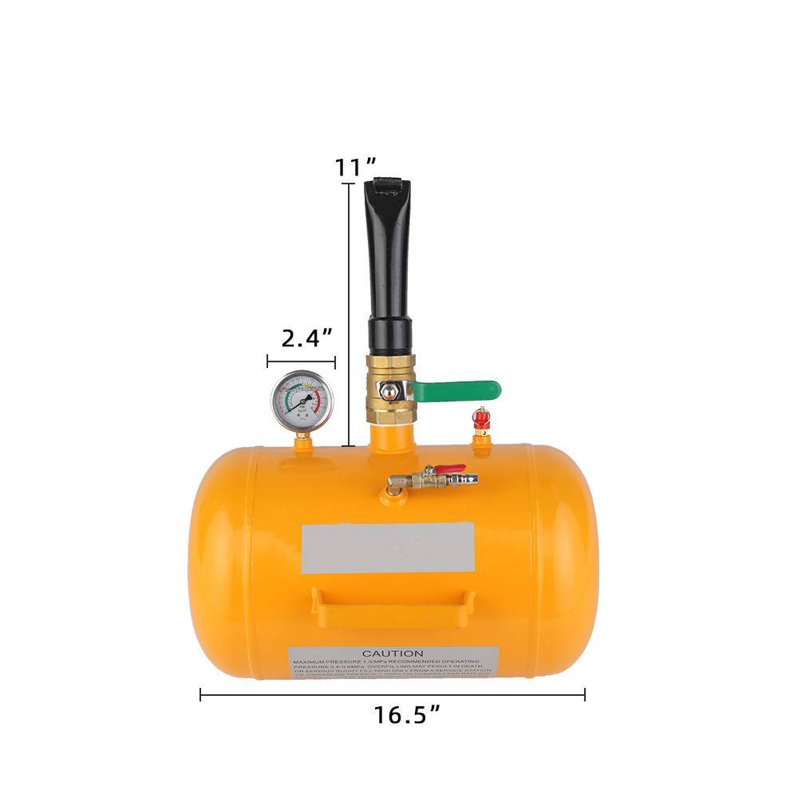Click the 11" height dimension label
tap(355, 168)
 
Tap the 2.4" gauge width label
tap(306, 338)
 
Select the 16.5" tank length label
tap(407, 715)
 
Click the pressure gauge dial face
tap(301, 400)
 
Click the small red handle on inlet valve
tap(450, 469)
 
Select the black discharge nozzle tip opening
tap(388, 187)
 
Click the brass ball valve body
tap(389, 391)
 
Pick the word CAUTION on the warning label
tap(393, 654)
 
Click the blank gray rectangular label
tap(388, 547)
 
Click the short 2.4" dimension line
tap(301, 361)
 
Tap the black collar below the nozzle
tap(389, 335)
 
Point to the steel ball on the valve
tap(386, 391)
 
